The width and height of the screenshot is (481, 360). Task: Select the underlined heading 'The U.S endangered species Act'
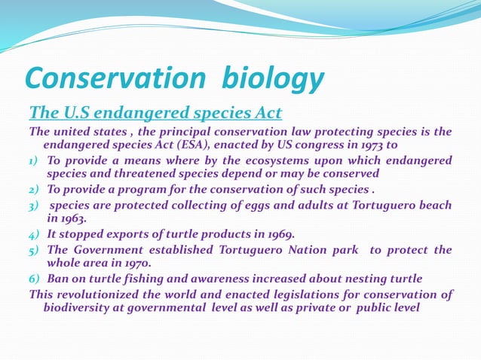(x=155, y=113)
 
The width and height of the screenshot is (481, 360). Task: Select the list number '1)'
(x=35, y=160)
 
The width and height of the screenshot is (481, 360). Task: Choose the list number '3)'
(x=35, y=206)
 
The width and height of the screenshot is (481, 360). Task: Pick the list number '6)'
(x=35, y=279)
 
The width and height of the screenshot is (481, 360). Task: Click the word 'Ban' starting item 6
(x=59, y=279)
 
